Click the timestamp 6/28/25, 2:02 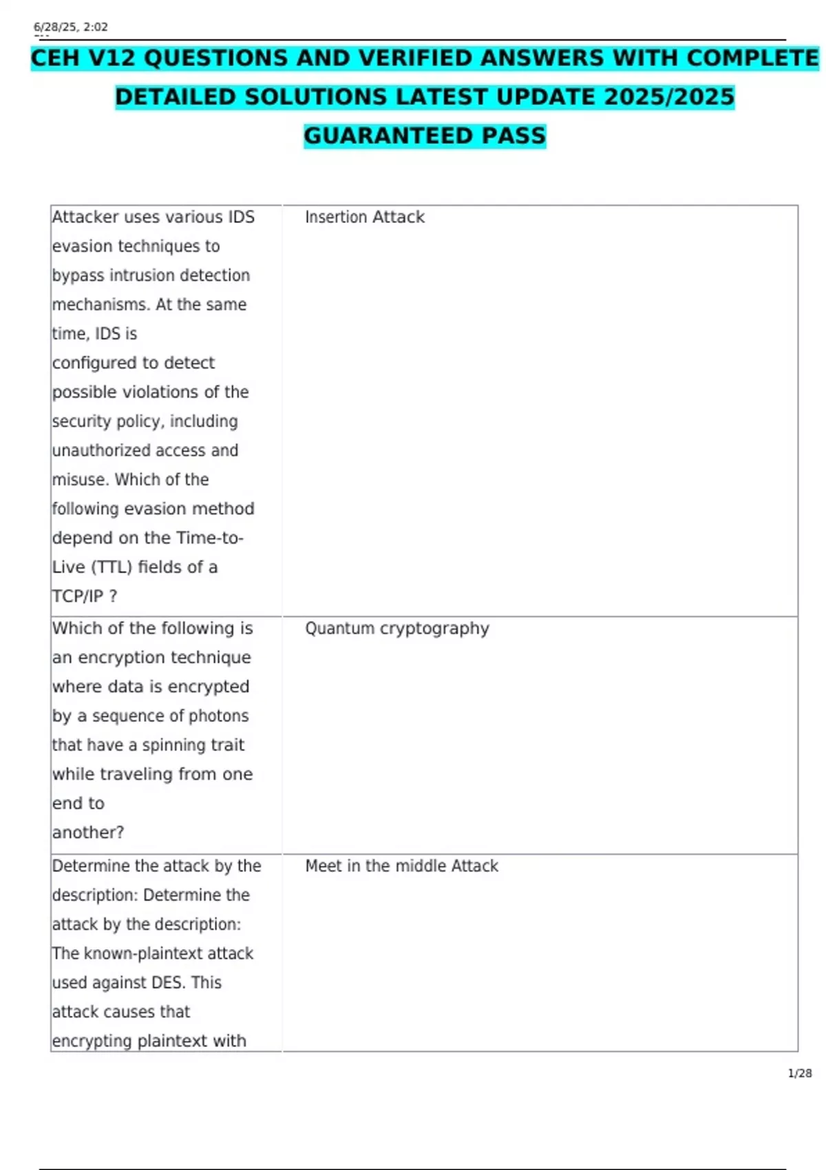[x=71, y=28]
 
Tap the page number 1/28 [x=799, y=1073]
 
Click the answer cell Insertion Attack [x=364, y=217]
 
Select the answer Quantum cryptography [x=396, y=628]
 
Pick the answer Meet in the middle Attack [x=401, y=866]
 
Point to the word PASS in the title [x=513, y=136]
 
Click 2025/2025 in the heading [x=669, y=97]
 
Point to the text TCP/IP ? [x=85, y=596]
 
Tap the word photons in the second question [x=218, y=716]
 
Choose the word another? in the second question [x=87, y=833]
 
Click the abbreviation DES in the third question [x=167, y=983]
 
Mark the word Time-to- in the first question [x=209, y=538]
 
